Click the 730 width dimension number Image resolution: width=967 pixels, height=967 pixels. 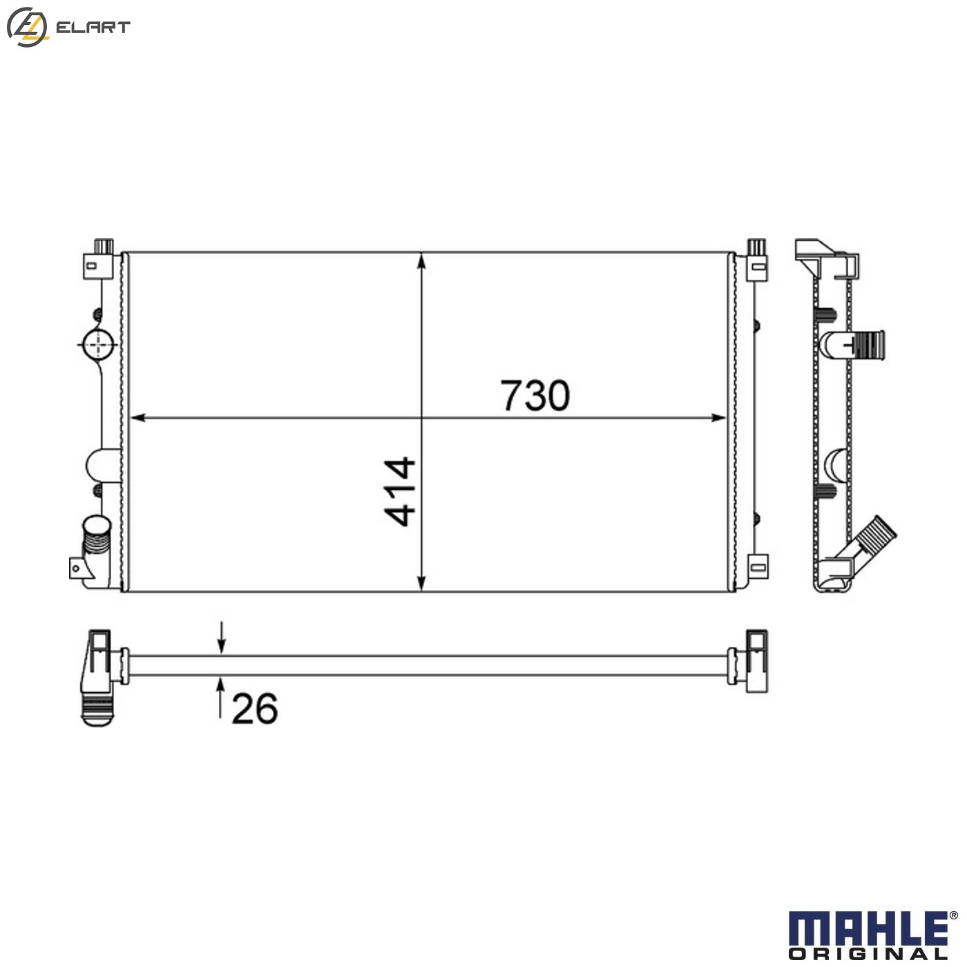coord(535,396)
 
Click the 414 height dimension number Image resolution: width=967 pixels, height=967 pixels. coord(400,492)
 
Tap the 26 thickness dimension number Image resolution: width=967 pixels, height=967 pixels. coord(254,709)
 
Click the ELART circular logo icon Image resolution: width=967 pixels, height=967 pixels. coord(27,28)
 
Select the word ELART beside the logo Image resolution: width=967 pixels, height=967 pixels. coord(93,27)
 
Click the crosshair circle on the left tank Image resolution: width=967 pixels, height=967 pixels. coord(98,345)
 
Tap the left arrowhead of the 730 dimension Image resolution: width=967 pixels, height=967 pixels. coord(137,417)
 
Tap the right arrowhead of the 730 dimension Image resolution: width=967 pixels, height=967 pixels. coord(718,417)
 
